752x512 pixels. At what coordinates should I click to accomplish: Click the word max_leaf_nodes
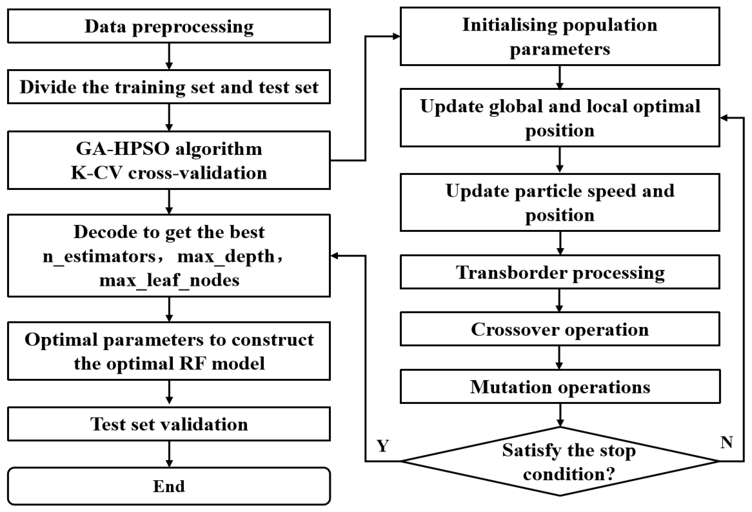coord(169,280)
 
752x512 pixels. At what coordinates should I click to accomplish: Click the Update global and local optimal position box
coord(560,118)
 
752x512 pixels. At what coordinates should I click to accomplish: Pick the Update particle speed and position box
coord(560,203)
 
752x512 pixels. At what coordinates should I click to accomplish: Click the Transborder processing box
coord(560,272)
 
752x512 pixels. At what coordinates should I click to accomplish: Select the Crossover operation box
coord(560,329)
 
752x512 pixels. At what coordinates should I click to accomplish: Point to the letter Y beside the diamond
coord(383,446)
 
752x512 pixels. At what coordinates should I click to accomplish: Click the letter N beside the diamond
coord(726,442)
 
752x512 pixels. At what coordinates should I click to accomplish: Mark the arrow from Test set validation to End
coord(169,454)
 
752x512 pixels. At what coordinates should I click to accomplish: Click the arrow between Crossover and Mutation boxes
coord(560,358)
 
